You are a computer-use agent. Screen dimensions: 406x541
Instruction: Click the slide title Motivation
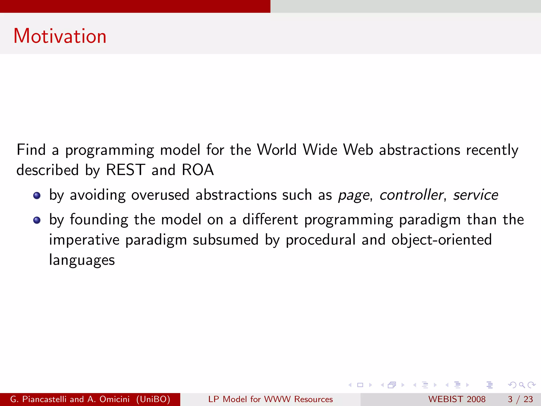click(x=60, y=36)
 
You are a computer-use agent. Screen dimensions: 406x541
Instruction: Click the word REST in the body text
click(x=125, y=170)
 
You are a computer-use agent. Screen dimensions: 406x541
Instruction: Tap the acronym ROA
click(x=198, y=170)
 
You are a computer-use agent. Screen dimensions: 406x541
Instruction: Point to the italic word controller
click(x=411, y=195)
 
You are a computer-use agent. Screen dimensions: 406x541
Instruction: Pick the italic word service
click(x=475, y=195)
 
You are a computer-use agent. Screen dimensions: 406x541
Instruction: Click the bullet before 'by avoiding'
click(x=37, y=196)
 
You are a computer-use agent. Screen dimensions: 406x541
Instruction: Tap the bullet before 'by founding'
click(x=37, y=220)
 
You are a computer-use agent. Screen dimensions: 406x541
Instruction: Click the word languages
click(x=82, y=260)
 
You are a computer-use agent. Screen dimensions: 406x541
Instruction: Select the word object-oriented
click(x=441, y=240)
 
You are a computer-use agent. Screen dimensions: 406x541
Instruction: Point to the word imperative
click(x=84, y=240)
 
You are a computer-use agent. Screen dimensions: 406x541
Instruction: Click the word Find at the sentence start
click(x=31, y=150)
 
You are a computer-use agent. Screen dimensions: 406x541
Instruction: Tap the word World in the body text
click(x=277, y=150)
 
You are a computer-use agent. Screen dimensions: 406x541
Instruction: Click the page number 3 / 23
click(x=520, y=399)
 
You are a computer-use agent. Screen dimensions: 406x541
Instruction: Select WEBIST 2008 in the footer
click(x=457, y=399)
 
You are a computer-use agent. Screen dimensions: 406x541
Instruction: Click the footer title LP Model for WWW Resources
click(x=270, y=399)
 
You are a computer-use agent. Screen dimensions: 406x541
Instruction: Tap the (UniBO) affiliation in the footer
click(x=153, y=399)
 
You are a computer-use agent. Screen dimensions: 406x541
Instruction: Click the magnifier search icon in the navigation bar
click(x=522, y=385)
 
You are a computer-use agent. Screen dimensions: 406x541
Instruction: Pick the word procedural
click(x=321, y=240)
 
